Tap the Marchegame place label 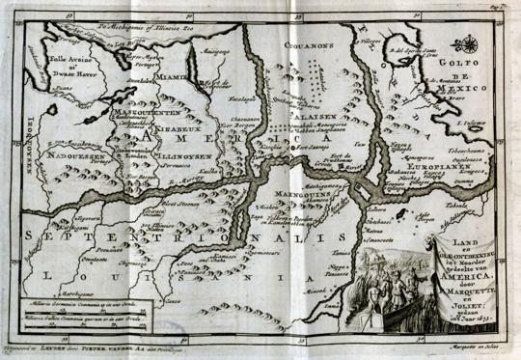pyautogui.click(x=59, y=295)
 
